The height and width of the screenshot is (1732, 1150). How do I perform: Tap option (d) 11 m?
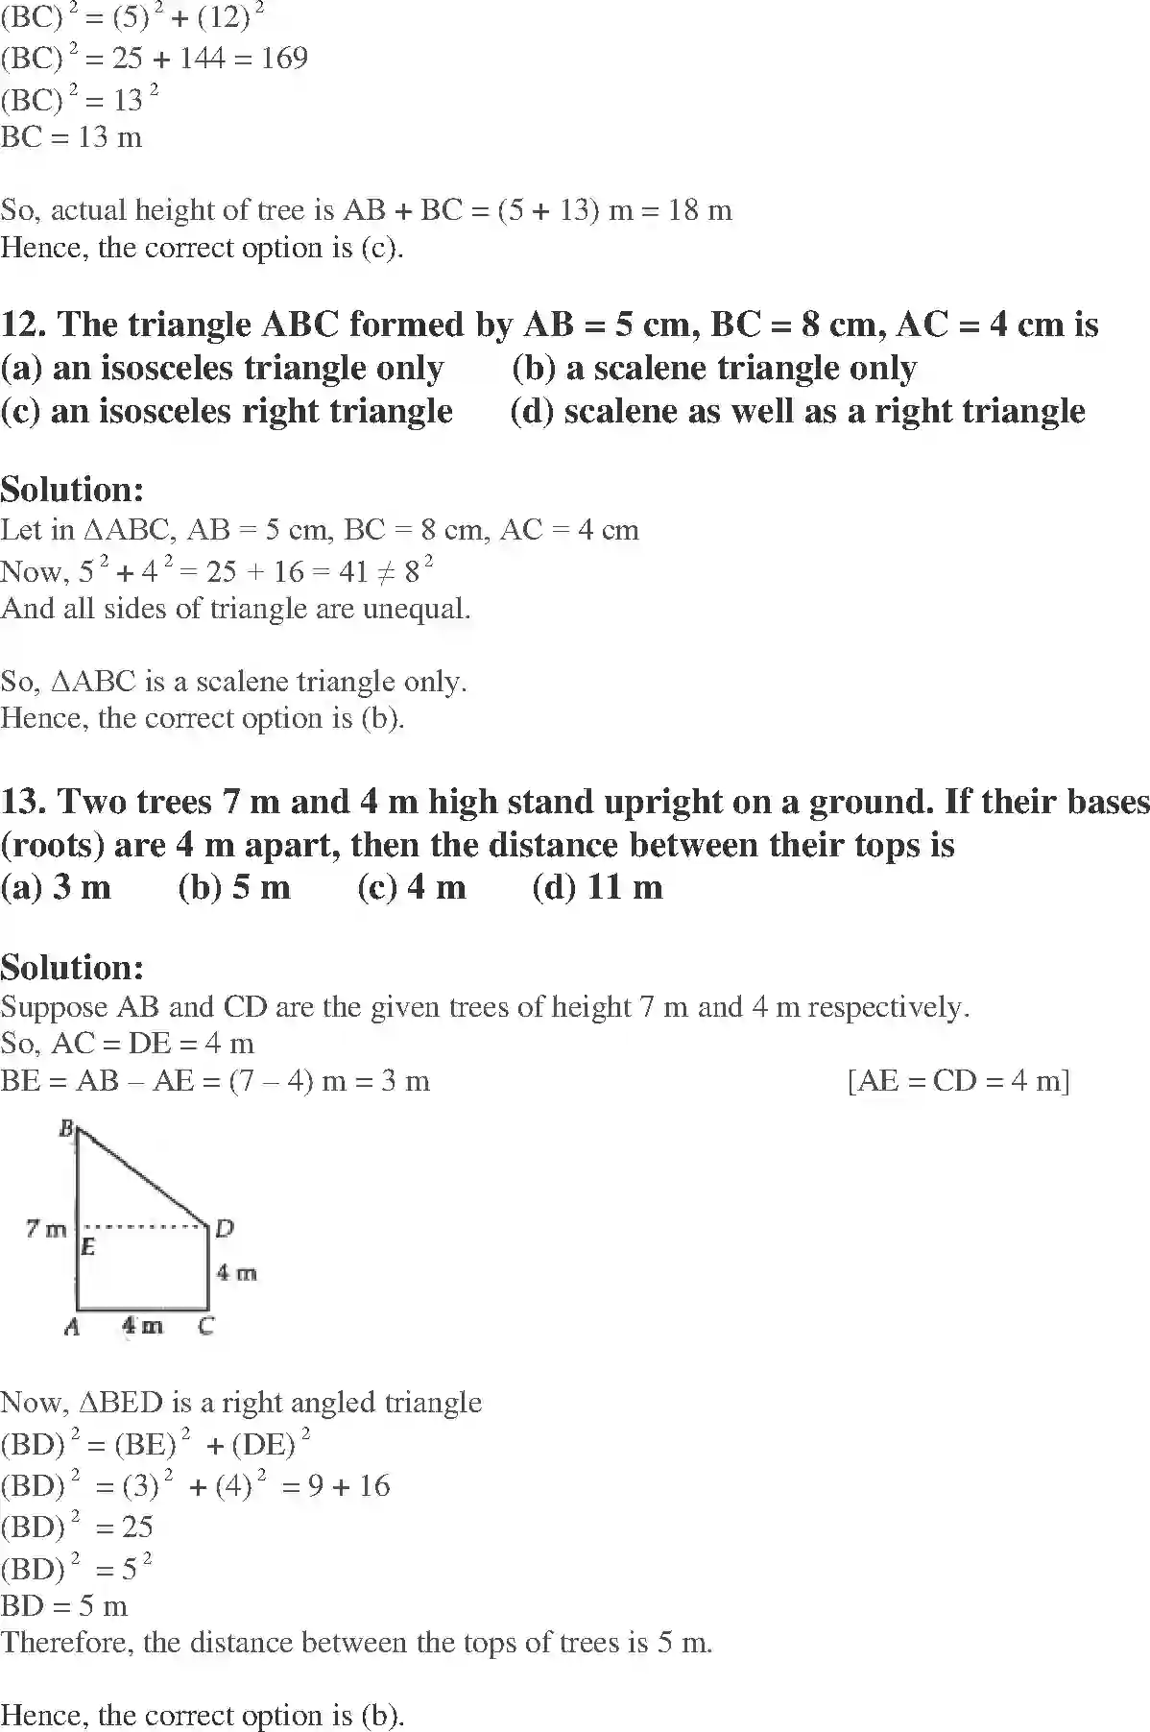coord(597,886)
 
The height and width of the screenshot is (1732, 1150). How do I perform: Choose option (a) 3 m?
coord(56,886)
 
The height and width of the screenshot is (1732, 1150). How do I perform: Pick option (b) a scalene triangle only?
coord(714,368)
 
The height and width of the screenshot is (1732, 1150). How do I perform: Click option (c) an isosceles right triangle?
coord(227,411)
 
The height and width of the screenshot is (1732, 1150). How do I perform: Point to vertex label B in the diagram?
coord(67,1128)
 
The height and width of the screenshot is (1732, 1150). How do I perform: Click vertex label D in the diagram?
coord(224,1228)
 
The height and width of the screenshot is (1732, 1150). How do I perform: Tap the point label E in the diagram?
coord(87,1247)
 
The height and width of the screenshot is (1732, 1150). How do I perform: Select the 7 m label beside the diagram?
coord(46,1228)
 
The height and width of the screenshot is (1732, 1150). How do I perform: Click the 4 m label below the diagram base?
coord(142,1326)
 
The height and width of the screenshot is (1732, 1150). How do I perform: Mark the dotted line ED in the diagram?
coord(144,1226)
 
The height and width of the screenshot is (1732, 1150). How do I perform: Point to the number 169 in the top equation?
coord(284,59)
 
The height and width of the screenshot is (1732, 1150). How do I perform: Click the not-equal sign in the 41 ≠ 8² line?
coord(385,572)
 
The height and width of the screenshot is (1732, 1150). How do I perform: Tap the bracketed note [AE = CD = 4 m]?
coord(958,1081)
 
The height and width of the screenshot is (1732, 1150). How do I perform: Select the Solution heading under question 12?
coord(72,490)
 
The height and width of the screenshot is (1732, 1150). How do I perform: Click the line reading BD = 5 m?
coord(63,1605)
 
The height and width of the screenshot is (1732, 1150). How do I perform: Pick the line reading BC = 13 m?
coord(71,137)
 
